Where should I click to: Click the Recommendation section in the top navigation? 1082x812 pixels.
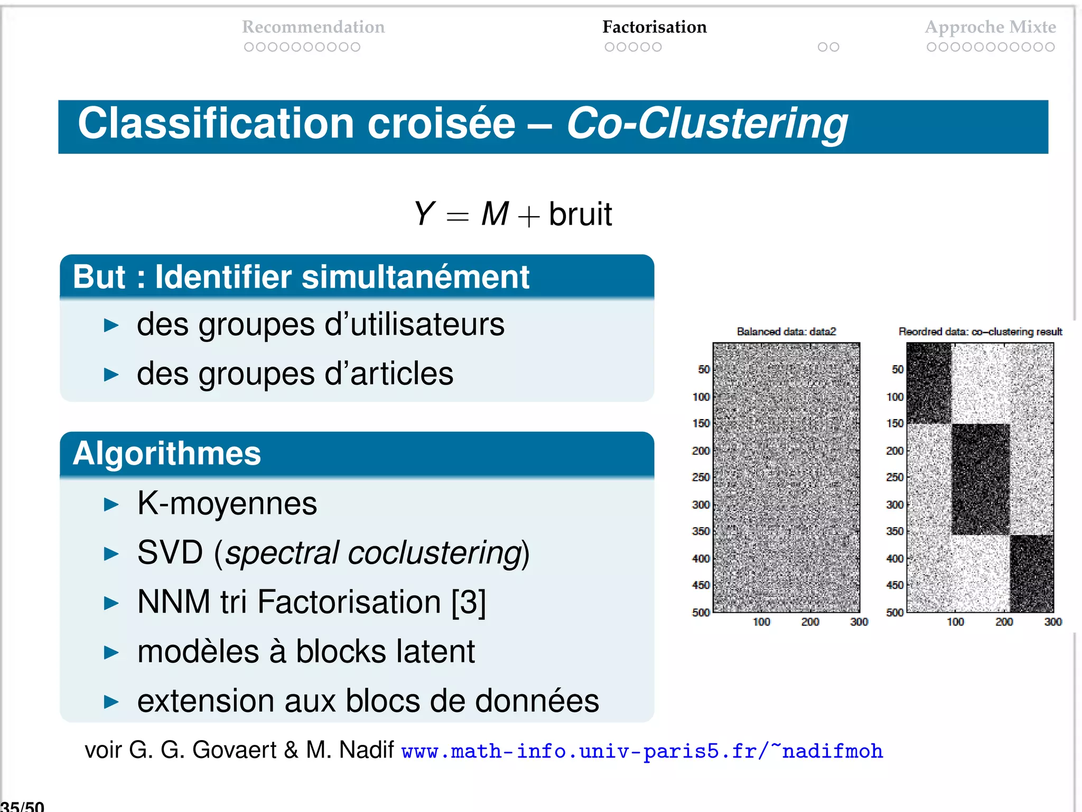click(313, 27)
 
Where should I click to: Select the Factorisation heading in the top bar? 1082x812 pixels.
click(654, 27)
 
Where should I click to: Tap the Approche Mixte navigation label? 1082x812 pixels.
click(990, 27)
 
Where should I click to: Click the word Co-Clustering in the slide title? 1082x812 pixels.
click(707, 124)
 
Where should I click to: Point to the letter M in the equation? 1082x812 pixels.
click(495, 214)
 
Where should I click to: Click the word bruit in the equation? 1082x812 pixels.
click(580, 215)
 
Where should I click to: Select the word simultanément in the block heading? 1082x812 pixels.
click(415, 277)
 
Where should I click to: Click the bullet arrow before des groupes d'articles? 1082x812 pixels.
click(111, 375)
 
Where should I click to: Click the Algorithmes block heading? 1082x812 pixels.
click(167, 454)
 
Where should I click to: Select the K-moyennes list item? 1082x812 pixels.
click(227, 503)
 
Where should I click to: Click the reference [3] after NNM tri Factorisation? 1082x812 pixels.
click(468, 602)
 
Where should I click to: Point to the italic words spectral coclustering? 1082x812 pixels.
click(374, 553)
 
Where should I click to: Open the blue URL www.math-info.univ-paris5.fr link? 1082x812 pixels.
click(642, 751)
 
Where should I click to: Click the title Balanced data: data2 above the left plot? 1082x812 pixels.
click(786, 331)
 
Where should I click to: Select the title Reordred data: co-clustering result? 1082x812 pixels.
click(980, 331)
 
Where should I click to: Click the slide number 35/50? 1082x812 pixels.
click(22, 806)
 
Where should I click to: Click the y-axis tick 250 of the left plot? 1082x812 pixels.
click(701, 477)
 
